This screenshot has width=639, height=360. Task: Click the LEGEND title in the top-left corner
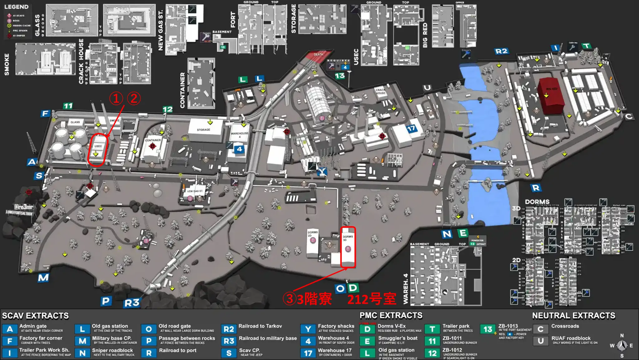(16, 7)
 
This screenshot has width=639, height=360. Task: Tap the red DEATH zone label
(318, 55)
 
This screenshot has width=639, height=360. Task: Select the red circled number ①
(116, 99)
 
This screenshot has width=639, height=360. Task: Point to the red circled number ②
(134, 99)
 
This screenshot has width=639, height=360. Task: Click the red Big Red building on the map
(551, 95)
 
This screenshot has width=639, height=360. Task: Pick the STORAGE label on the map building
(203, 130)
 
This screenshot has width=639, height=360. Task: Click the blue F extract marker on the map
(45, 113)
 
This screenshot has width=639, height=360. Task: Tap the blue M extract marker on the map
(43, 278)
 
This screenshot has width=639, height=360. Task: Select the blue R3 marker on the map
(132, 303)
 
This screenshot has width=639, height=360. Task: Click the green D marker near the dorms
(353, 288)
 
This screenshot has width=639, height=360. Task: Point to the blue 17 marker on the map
(411, 128)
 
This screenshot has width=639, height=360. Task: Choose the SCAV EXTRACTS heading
(35, 316)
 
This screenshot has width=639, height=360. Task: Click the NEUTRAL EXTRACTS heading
(573, 316)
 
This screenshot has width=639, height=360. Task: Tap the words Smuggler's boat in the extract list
(398, 338)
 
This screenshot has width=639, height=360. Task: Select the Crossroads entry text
(565, 326)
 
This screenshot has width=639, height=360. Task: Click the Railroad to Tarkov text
(260, 326)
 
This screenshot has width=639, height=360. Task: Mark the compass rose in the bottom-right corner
(622, 345)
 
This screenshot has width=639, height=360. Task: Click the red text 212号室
(372, 299)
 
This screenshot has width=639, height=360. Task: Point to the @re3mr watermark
(23, 207)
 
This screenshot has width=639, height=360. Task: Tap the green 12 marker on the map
(168, 109)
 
